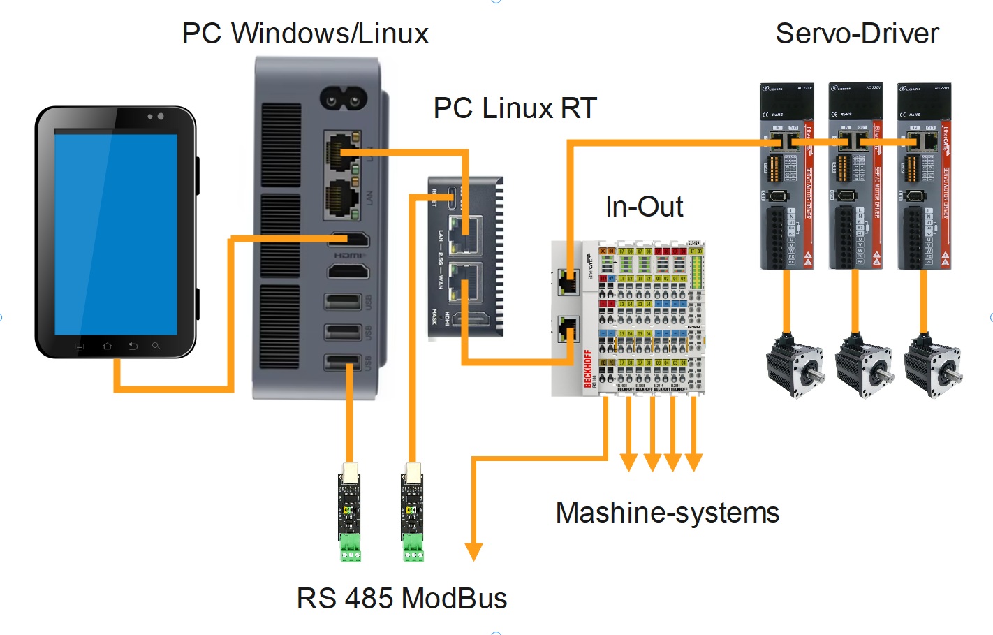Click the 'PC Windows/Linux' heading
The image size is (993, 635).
pos(305,34)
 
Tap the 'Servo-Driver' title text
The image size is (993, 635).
pos(857,34)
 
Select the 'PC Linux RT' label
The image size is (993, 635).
pos(515,108)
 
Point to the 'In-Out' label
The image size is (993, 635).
pos(644,207)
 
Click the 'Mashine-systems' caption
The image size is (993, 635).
pos(667,513)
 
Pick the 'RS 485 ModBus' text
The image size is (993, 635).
pos(402,599)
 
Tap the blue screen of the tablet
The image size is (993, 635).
pos(116,233)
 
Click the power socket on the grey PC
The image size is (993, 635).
pos(343,99)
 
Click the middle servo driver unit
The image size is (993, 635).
pos(855,176)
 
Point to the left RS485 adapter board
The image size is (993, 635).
pos(350,513)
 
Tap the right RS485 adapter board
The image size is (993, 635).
pos(412,513)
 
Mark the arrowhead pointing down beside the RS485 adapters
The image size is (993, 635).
pos(473,551)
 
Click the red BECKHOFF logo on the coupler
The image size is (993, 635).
pos(588,368)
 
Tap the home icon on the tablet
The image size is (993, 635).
pos(107,346)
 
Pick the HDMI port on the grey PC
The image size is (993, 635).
pos(348,240)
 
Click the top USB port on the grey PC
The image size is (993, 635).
pos(343,302)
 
